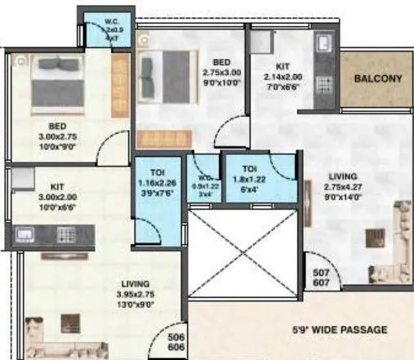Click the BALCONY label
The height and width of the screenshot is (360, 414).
(x=377, y=79)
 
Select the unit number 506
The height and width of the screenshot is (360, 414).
(x=176, y=335)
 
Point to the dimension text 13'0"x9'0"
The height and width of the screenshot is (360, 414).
(x=129, y=305)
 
